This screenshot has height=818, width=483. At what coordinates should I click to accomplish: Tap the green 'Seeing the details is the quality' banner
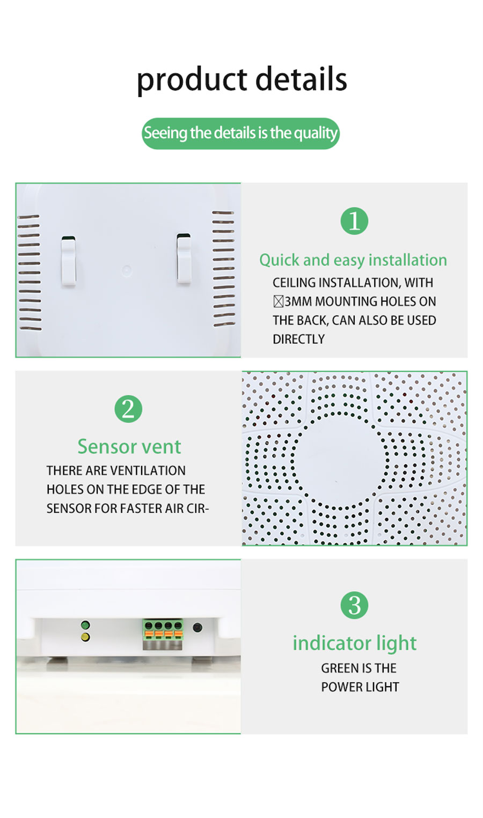(x=240, y=133)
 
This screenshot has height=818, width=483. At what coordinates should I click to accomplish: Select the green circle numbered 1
(x=354, y=221)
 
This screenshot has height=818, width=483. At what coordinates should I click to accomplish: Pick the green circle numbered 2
(x=128, y=409)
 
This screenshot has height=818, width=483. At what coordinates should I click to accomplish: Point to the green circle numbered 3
(x=354, y=605)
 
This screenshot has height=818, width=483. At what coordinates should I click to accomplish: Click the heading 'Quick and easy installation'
(x=353, y=260)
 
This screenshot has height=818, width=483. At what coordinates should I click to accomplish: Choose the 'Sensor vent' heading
(x=129, y=447)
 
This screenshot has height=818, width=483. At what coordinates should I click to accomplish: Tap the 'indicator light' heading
(x=354, y=644)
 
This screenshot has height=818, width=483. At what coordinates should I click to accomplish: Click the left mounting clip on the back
(x=69, y=261)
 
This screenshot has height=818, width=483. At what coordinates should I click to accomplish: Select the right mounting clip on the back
(x=184, y=259)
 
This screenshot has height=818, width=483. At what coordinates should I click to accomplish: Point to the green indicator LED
(x=85, y=625)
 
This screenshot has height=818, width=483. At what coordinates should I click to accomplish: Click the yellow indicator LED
(x=85, y=637)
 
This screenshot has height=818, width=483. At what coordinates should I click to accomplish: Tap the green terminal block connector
(x=163, y=634)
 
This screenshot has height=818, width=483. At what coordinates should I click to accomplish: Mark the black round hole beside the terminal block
(x=197, y=628)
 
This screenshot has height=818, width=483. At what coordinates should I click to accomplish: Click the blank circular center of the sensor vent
(x=339, y=461)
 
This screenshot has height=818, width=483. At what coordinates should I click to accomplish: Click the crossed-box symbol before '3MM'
(x=279, y=301)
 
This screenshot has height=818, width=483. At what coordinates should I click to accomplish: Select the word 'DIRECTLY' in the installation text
(x=298, y=339)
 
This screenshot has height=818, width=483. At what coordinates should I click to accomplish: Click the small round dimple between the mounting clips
(x=127, y=270)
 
